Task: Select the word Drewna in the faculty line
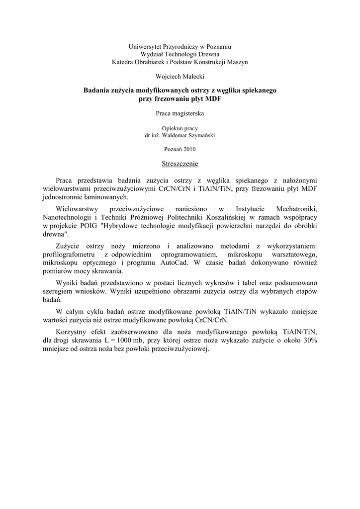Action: (209, 54)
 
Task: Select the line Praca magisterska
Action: (180, 113)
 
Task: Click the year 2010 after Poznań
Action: (189, 149)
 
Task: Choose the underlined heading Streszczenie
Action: (180, 164)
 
